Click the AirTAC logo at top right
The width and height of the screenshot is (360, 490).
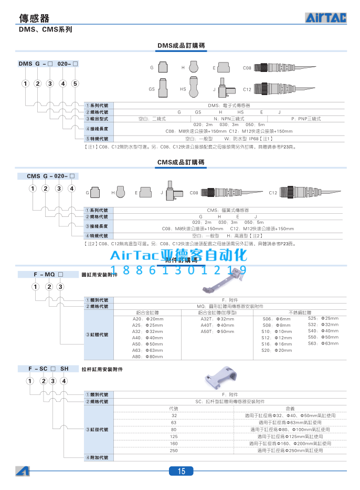click(326, 18)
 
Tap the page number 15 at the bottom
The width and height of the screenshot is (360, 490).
click(181, 471)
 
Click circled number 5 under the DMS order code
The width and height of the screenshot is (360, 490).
click(75, 84)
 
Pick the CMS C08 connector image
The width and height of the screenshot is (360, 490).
click(223, 193)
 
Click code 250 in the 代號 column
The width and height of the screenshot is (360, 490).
click(174, 451)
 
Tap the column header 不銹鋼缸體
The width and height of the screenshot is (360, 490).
click(300, 312)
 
